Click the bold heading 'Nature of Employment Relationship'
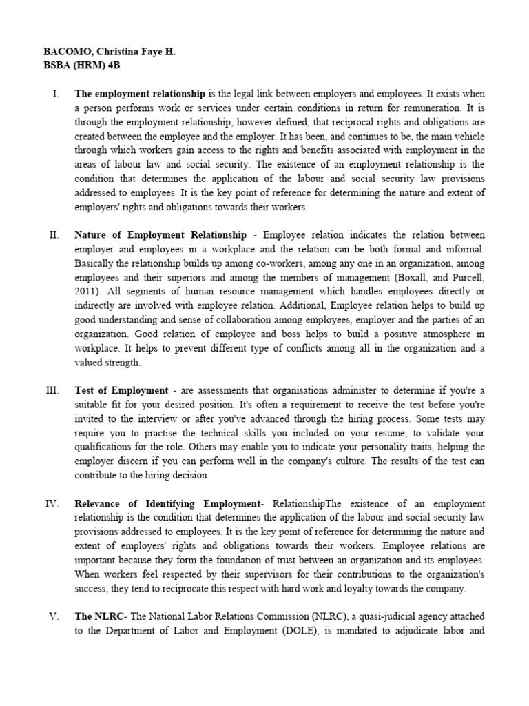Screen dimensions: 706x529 (160, 234)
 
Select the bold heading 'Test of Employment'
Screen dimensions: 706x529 (121, 390)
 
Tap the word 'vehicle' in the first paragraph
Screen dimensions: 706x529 (468, 137)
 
